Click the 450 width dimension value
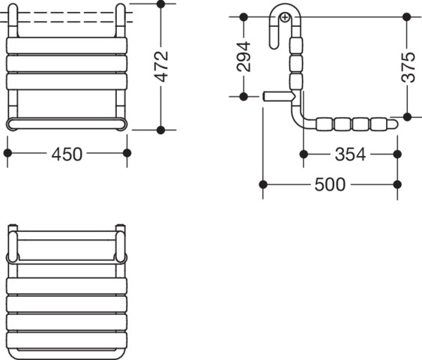tap(67, 154)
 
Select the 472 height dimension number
tap(161, 66)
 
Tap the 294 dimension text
tap(244, 57)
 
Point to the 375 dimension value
tap(408, 67)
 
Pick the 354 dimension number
tap(350, 154)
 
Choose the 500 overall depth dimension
tap(330, 184)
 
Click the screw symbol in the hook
tap(285, 18)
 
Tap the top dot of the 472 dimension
tap(160, 4)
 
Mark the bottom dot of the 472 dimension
tap(160, 130)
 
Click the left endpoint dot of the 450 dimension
tap(7, 153)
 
